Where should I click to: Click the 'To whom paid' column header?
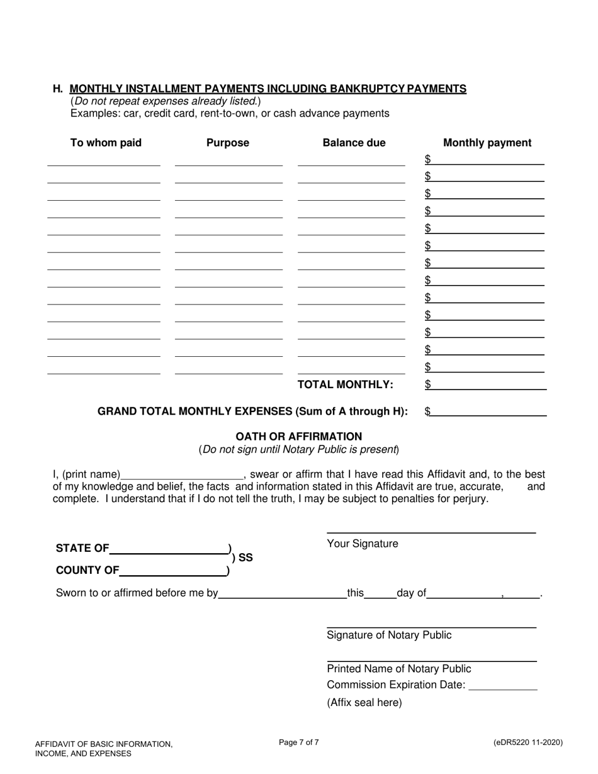(x=106, y=143)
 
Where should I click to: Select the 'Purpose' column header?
(x=228, y=143)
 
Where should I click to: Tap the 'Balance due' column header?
(x=354, y=143)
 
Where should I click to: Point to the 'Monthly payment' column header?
(x=487, y=143)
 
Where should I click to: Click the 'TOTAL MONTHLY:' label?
(x=345, y=384)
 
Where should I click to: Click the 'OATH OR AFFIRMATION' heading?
(x=298, y=437)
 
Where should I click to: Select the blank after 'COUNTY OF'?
(x=173, y=571)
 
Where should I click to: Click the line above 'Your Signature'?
(x=431, y=532)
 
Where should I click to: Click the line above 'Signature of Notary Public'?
(x=431, y=626)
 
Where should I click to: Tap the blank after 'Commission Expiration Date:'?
(x=504, y=685)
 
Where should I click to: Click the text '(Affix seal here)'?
(x=364, y=703)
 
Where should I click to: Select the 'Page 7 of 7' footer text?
(x=299, y=743)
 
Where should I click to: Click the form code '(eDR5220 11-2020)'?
(x=528, y=743)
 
